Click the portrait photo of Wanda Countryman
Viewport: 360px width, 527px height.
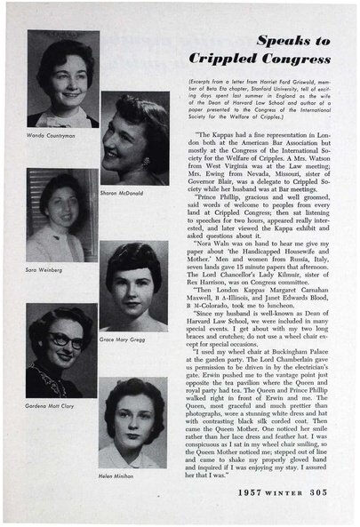(62, 80)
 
